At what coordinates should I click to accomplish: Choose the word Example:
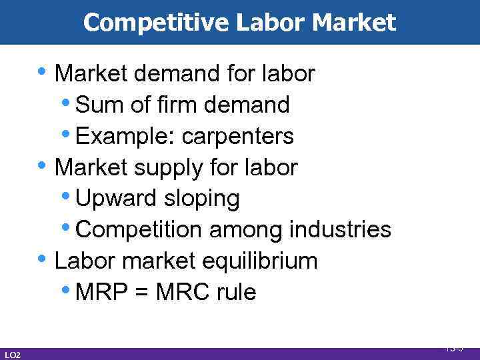point(125,136)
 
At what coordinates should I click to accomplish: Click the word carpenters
point(237,136)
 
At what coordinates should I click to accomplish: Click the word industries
point(340,229)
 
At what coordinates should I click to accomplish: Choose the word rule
point(237,292)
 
